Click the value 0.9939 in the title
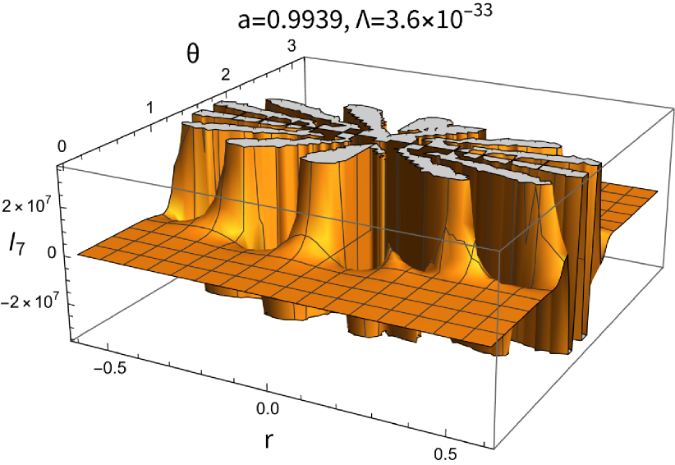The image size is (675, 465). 302,21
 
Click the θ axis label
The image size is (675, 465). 193,55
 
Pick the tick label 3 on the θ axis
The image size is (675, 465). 292,46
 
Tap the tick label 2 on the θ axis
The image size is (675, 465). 225,76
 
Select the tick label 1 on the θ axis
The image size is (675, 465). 149,108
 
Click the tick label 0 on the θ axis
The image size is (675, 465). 62,146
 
